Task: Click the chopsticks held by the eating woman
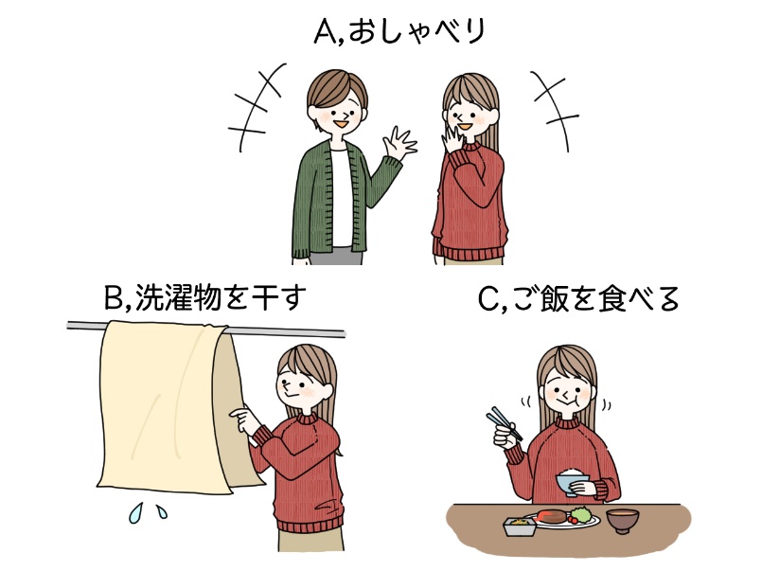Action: [x=503, y=425]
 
